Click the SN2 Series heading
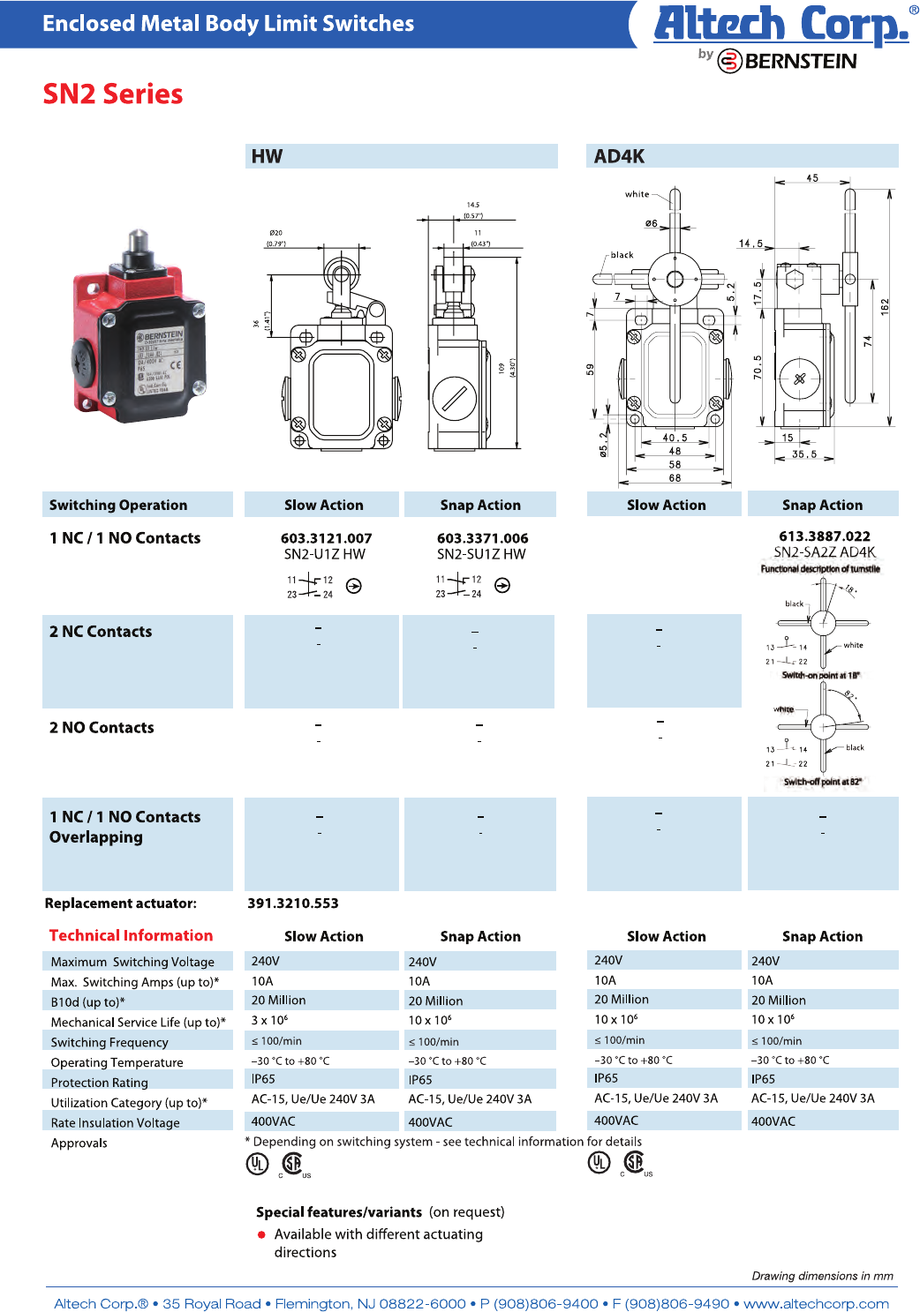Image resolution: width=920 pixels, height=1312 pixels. click(x=113, y=94)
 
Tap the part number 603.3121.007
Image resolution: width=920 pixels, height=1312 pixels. click(x=326, y=538)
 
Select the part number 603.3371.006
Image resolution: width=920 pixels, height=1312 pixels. click(x=482, y=538)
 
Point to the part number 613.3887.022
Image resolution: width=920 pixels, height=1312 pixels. click(x=824, y=536)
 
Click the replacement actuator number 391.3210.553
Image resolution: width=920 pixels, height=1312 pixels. click(x=292, y=903)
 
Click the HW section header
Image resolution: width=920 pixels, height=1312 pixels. click(x=267, y=156)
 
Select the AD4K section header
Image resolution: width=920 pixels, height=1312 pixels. click(x=619, y=156)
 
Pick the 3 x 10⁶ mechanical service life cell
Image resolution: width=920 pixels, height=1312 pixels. click(x=269, y=1021)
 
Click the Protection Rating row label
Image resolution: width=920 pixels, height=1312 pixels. click(x=100, y=1083)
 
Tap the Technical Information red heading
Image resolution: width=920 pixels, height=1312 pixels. click(x=131, y=935)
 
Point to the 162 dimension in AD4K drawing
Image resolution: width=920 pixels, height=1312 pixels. click(x=885, y=307)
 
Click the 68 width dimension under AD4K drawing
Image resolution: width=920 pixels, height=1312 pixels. click(x=675, y=478)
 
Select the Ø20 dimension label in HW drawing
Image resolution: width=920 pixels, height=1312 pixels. click(x=276, y=233)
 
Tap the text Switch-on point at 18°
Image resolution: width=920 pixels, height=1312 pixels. click(x=820, y=675)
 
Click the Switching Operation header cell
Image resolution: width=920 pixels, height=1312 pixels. click(x=118, y=505)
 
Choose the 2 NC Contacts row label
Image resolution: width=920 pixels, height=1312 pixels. click(x=101, y=632)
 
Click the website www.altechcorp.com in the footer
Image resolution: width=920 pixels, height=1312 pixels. click(x=816, y=1303)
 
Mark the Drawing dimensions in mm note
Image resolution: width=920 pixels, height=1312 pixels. click(x=822, y=1276)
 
